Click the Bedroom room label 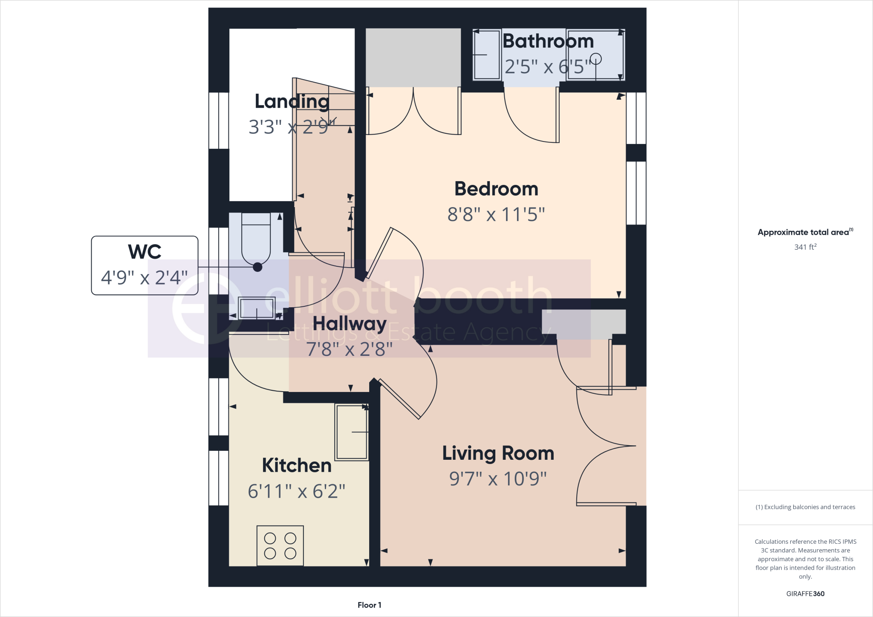[496, 189]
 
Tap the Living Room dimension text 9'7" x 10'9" [498, 479]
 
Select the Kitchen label [297, 465]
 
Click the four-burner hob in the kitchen [280, 545]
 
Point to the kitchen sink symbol [352, 432]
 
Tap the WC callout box [145, 265]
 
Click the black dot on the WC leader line [257, 267]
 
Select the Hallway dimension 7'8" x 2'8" [349, 349]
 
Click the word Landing [292, 101]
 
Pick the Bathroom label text [548, 41]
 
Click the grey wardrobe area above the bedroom [413, 58]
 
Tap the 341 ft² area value [805, 247]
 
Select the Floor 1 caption [369, 605]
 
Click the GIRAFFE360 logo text [805, 594]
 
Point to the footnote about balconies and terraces [805, 507]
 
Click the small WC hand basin [257, 308]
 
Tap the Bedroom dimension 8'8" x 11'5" [496, 214]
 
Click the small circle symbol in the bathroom [595, 59]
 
